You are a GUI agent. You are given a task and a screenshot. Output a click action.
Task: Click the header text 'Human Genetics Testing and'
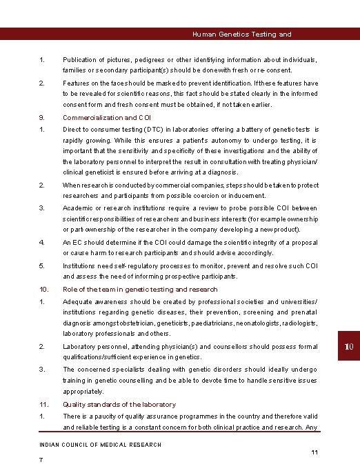pos(241,34)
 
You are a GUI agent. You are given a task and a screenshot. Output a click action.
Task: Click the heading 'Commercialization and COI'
pos(107,118)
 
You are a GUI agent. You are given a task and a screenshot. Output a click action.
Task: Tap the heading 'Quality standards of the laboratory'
pos(119,405)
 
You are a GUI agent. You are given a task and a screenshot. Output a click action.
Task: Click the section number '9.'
pos(42,118)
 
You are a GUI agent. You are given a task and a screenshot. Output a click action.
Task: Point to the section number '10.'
pos(43,290)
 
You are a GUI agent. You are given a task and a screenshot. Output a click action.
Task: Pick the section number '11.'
pos(43,405)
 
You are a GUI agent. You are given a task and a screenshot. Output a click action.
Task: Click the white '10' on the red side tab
pos(349,345)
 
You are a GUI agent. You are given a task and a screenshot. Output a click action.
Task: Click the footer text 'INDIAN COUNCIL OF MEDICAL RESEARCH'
pos(101,445)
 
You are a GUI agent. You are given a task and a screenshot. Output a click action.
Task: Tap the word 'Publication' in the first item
pos(80,60)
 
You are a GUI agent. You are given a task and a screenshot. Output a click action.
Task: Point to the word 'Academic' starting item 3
pos(78,208)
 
